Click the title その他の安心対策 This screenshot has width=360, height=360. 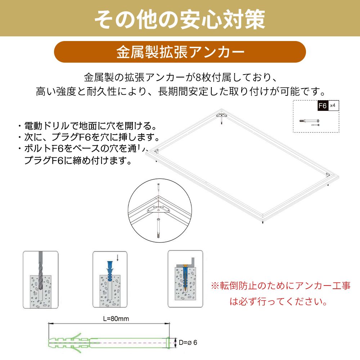tap(180, 19)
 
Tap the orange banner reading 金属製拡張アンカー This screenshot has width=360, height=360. tap(180, 52)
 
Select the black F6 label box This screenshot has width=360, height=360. tap(323, 105)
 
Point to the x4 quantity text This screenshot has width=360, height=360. tap(333, 105)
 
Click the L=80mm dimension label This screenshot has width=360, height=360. tap(116, 319)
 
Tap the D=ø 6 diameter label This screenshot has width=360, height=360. tap(188, 342)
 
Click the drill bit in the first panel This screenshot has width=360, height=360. tap(40, 271)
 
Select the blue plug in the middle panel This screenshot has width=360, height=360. tap(111, 271)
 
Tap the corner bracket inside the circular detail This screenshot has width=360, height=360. tap(158, 210)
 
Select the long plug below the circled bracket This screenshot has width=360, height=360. tap(158, 229)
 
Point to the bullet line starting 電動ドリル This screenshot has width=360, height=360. tap(87, 126)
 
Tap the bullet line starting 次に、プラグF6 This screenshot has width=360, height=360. tap(89, 137)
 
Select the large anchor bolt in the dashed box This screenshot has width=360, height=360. tap(309, 121)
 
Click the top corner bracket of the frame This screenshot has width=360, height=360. tap(221, 115)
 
